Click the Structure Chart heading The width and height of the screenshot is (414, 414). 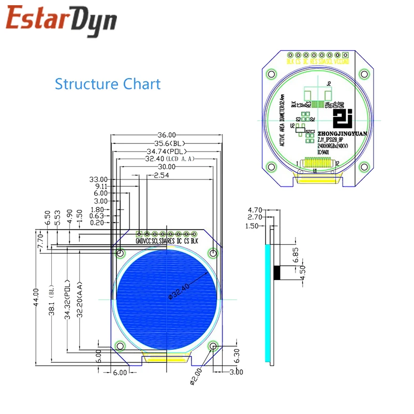point(108,84)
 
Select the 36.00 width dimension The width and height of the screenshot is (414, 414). point(166,134)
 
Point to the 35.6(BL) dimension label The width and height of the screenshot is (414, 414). point(166,143)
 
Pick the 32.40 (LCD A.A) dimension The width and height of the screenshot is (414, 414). point(166,159)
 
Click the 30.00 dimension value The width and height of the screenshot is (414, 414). point(166,167)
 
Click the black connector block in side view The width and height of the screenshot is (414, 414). point(277,272)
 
